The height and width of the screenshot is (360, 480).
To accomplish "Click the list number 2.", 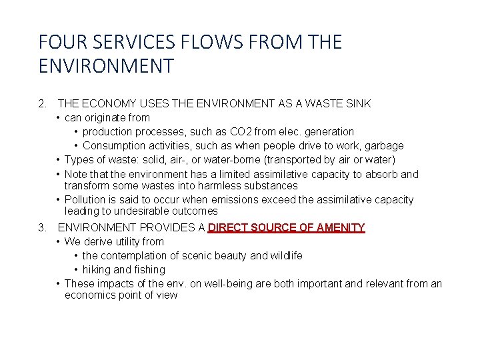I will point(43,104).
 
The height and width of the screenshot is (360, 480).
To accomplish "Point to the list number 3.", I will point(43,228).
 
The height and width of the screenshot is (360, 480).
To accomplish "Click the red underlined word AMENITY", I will point(340,228).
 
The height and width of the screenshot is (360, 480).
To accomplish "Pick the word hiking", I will point(97,270).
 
